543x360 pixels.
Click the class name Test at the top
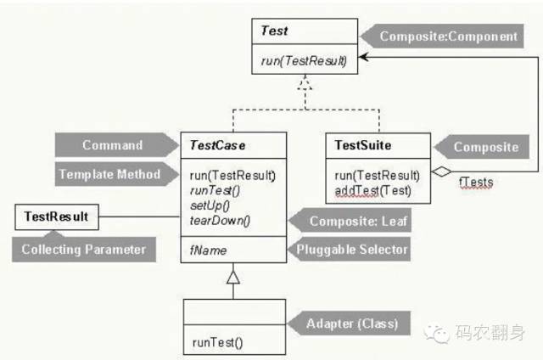pos(274,31)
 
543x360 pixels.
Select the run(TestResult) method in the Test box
pos(304,59)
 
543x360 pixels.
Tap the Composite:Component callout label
pos(448,37)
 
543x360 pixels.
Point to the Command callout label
pos(112,145)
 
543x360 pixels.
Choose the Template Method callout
pos(109,174)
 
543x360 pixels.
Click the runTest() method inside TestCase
pos(211,191)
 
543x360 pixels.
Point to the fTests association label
pos(476,181)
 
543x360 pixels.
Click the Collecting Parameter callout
pos(84,250)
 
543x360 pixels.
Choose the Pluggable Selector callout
pos(352,250)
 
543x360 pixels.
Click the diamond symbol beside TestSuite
pos(439,172)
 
